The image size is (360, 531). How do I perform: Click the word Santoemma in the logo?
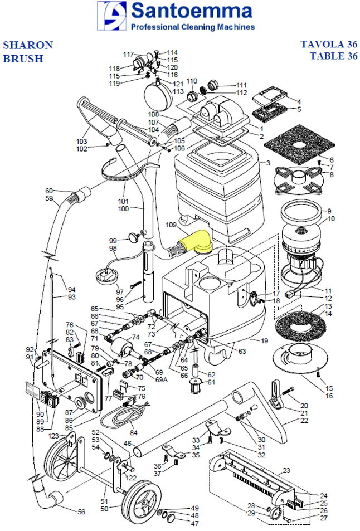click(x=188, y=11)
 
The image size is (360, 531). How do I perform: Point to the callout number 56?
click(x=81, y=511)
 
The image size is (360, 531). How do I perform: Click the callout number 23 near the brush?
click(x=286, y=471)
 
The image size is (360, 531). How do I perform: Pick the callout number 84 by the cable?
click(x=133, y=432)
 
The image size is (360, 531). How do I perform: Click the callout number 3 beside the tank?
click(x=267, y=163)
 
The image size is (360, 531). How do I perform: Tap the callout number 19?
click(x=264, y=340)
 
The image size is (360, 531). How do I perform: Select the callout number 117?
click(x=129, y=55)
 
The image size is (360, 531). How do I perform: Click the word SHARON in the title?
click(x=28, y=45)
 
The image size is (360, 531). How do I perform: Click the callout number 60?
click(x=49, y=191)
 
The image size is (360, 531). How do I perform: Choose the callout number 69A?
click(x=161, y=379)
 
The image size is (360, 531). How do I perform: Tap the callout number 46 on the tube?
click(x=127, y=444)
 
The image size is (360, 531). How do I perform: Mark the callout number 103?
click(x=82, y=142)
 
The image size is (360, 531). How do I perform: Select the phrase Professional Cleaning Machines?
click(x=192, y=27)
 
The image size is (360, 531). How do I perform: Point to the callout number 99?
click(x=113, y=240)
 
